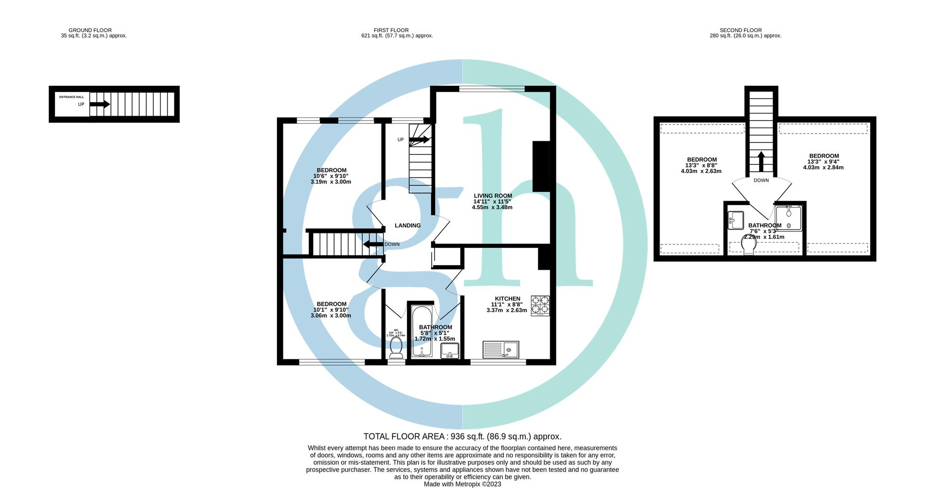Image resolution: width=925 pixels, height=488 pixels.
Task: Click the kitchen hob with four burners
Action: click(540, 306)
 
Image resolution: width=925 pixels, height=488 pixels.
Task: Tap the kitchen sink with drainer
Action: click(501, 349)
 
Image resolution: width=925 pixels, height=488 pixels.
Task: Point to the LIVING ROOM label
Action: click(492, 196)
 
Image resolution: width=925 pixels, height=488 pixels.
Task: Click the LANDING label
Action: click(408, 226)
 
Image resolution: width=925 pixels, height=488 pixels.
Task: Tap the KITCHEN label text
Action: click(507, 299)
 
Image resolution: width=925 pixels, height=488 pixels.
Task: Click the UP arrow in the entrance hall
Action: click(100, 104)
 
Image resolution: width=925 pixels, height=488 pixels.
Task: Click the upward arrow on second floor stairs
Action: click(761, 162)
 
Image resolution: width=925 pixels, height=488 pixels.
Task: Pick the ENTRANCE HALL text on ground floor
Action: click(71, 97)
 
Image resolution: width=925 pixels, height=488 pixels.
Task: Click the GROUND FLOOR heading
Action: click(90, 30)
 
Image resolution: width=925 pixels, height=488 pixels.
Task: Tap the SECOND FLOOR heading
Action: click(740, 30)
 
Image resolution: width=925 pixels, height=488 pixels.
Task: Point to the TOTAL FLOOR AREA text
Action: click(462, 436)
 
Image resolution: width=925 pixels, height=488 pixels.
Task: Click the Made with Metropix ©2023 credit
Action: click(462, 484)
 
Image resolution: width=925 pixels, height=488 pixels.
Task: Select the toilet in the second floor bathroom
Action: click(748, 244)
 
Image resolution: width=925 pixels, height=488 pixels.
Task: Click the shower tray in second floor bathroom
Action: click(788, 218)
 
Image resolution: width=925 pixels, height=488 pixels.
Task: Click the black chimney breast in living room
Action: click(541, 167)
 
